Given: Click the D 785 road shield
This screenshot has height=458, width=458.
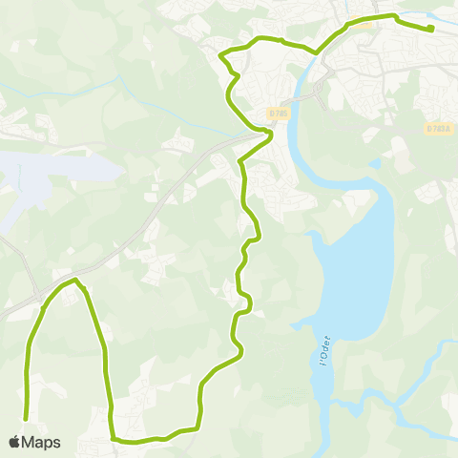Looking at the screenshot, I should tap(278, 113).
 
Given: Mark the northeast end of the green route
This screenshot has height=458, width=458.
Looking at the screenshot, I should tap(431, 29).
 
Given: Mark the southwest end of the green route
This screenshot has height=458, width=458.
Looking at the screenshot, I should tap(26, 416).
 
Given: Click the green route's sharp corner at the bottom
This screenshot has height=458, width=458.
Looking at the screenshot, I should tap(114, 439).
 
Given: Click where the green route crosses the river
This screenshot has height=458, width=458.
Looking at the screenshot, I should tap(315, 52).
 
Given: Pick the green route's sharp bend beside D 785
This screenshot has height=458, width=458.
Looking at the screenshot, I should tap(271, 135).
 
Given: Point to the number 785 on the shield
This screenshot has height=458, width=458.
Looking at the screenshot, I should tap(281, 113).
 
